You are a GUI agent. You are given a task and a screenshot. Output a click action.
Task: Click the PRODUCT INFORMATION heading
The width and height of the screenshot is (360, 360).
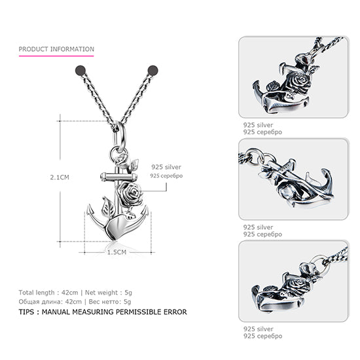click(x=56, y=49)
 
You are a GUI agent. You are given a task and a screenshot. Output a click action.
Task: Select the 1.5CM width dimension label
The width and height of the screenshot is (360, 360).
click(x=117, y=251)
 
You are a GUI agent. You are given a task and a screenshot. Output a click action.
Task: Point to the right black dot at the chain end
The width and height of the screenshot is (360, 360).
click(x=153, y=69)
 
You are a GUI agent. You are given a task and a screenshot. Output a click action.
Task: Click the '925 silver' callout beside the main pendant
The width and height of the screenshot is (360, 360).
click(x=166, y=167)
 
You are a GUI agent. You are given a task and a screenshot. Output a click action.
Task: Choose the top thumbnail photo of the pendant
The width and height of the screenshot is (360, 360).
click(x=293, y=77)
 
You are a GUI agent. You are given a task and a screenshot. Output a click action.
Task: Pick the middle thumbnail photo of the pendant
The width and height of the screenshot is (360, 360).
click(x=293, y=179)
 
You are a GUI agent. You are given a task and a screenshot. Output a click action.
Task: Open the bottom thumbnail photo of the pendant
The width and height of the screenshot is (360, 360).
click(x=293, y=281)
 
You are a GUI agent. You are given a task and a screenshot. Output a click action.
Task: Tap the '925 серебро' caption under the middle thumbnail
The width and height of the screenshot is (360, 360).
click(x=262, y=234)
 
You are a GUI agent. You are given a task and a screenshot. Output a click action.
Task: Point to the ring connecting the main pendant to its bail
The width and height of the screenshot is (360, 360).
click(x=119, y=154)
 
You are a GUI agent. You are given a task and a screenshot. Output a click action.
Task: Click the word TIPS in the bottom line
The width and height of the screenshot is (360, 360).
click(x=29, y=312)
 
